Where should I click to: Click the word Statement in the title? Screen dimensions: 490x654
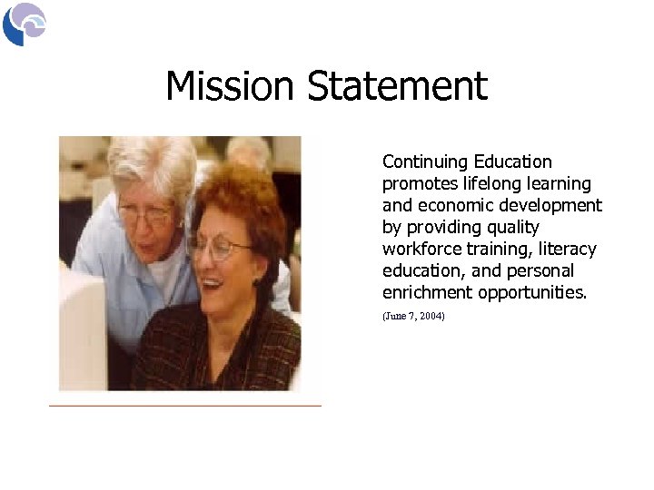pyautogui.click(x=397, y=87)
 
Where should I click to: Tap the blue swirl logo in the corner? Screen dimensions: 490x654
pyautogui.click(x=24, y=24)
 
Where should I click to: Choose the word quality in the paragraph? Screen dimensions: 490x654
pyautogui.click(x=510, y=228)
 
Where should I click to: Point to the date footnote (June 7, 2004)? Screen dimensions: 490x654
pyautogui.click(x=413, y=315)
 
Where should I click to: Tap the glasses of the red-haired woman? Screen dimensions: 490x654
pyautogui.click(x=218, y=246)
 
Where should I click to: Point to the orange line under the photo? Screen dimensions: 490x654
pyautogui.click(x=185, y=405)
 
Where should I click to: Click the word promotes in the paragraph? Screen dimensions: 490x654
pyautogui.click(x=423, y=184)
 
